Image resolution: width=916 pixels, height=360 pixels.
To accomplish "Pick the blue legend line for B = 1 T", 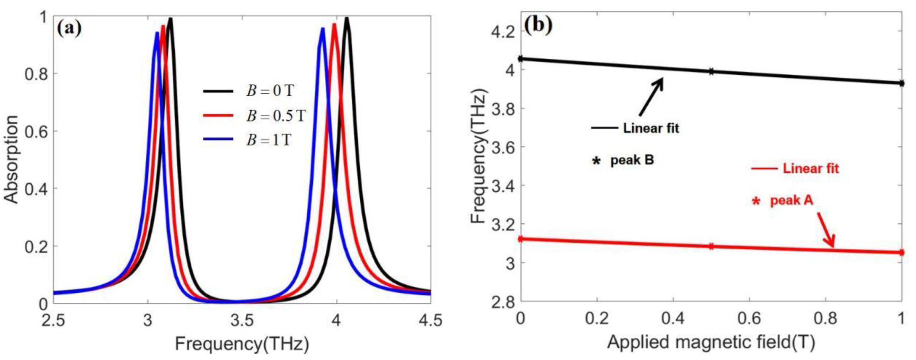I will pyautogui.click(x=218, y=140).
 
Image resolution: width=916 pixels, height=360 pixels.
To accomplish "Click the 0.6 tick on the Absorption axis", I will pyautogui.click(x=36, y=131).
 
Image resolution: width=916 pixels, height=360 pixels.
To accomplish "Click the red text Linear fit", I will pyautogui.click(x=811, y=168).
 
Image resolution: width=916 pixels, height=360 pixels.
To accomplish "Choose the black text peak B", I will pyautogui.click(x=632, y=160).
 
